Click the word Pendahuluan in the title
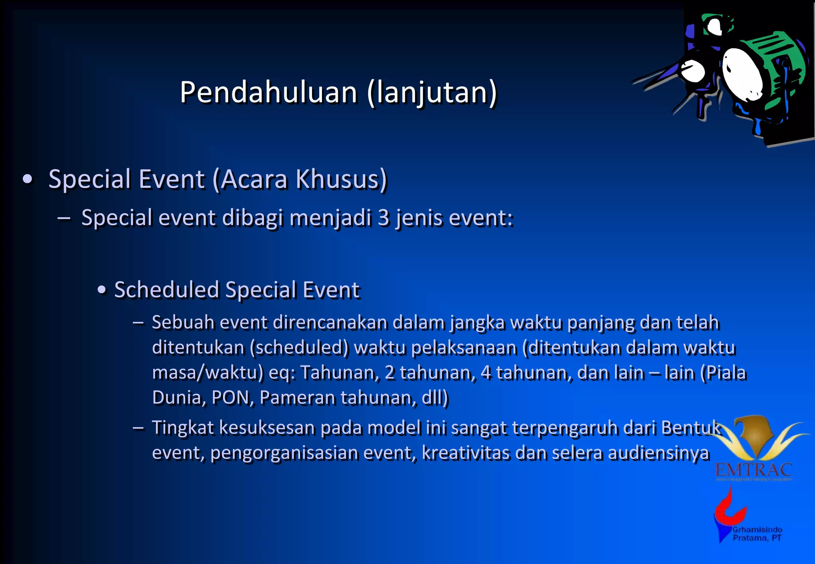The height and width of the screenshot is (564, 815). coord(269,92)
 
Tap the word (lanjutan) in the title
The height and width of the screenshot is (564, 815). coord(432,92)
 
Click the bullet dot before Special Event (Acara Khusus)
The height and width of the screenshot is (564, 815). coord(27,179)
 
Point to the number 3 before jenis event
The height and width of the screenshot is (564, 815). coord(384,218)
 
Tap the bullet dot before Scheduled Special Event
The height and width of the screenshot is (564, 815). coord(102,290)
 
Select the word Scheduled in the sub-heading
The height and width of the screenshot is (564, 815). coord(166,290)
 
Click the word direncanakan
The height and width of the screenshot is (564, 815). coord(330,322)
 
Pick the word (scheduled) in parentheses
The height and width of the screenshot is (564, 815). coord(299,347)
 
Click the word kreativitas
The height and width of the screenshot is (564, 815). coord(465,453)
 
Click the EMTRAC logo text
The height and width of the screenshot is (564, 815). coord(753,470)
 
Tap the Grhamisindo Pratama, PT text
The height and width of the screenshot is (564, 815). coord(757,534)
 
